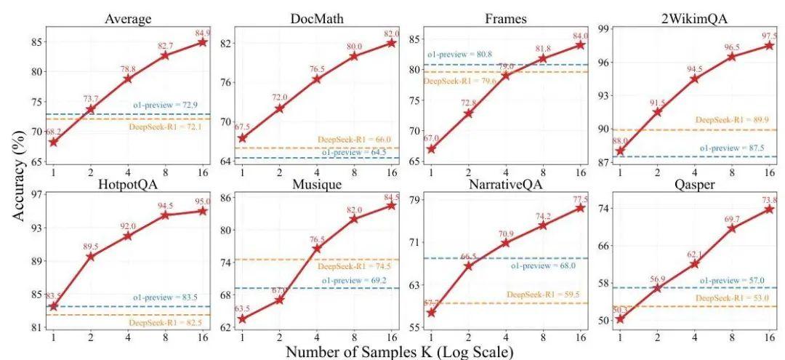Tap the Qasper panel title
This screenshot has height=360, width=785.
694,185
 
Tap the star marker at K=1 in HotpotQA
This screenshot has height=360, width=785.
54,306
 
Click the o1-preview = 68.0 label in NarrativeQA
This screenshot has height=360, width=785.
543,265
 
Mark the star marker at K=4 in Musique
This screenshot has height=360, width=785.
317,249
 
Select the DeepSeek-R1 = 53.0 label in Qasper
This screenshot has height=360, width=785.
730,298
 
